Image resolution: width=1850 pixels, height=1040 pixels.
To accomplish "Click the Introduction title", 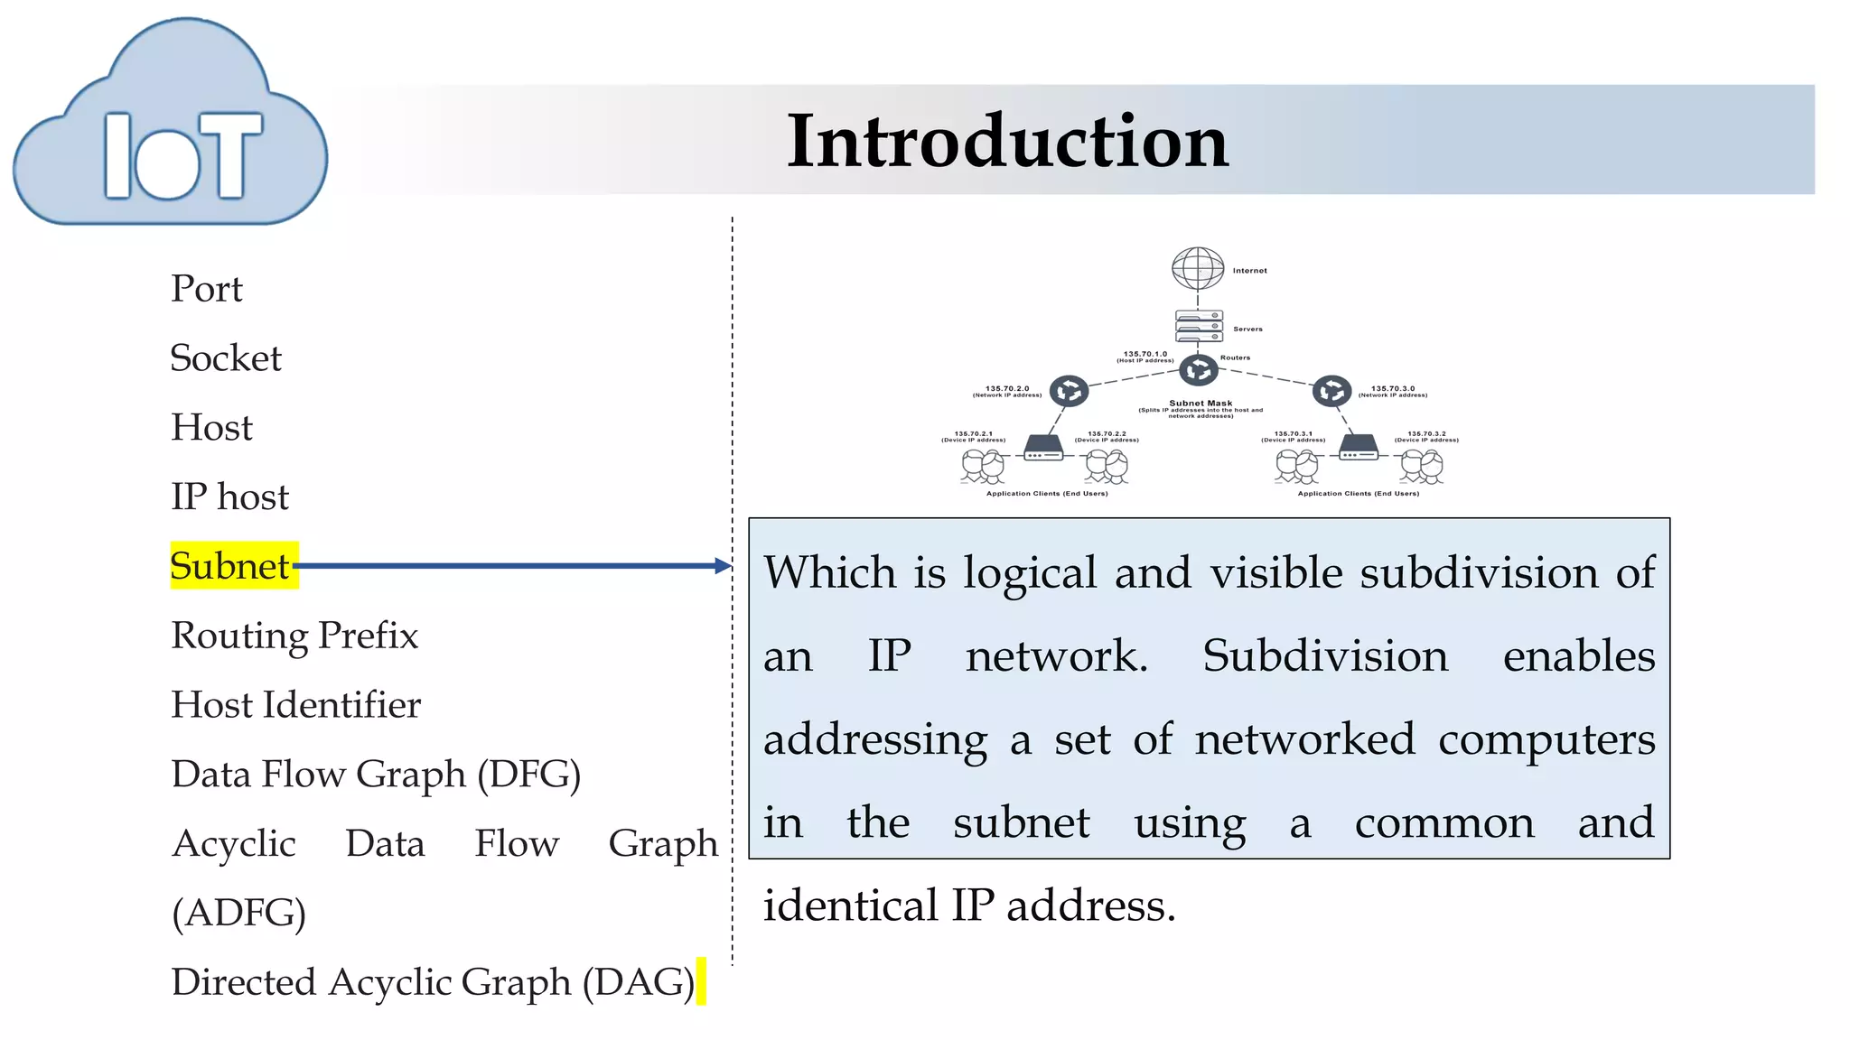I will click(1007, 141).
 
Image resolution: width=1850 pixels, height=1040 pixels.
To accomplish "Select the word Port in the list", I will click(207, 289).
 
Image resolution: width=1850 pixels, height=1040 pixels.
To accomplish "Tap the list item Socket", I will click(226, 358).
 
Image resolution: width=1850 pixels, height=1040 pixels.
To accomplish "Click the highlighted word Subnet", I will click(231, 566).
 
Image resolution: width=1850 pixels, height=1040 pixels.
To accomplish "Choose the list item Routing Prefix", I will click(294, 636).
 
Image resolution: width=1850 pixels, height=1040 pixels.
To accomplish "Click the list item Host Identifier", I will click(296, 705).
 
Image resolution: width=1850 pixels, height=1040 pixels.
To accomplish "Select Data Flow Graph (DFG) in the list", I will click(376, 775).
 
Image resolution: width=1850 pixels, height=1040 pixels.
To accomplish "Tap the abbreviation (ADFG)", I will click(238, 913).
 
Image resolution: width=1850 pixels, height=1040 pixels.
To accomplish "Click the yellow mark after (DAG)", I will click(701, 981).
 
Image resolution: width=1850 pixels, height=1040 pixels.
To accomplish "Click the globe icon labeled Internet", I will click(1198, 268).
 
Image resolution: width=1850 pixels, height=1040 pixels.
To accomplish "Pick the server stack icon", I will click(1199, 326).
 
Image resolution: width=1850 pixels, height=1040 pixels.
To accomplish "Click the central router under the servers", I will click(1199, 370).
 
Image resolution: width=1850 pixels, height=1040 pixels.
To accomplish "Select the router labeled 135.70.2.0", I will click(1069, 391).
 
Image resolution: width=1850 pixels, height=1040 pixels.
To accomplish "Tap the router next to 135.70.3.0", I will click(1331, 391).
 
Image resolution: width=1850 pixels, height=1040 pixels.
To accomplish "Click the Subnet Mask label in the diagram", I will click(1201, 404).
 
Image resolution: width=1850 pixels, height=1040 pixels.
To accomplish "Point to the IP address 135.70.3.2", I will click(1426, 434).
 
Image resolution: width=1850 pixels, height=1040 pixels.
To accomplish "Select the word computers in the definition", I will click(1546, 739).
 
